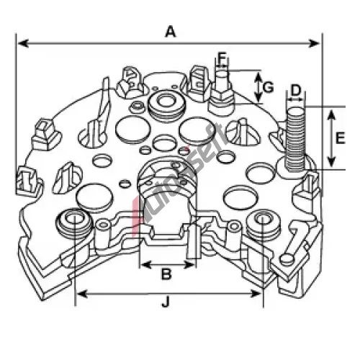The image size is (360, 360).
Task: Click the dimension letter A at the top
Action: (171, 32)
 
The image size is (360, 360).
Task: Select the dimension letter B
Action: (166, 274)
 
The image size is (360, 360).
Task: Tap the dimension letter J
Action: (166, 301)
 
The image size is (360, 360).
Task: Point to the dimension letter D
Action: (296, 90)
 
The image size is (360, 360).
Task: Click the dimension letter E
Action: (340, 138)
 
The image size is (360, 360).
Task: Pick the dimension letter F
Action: (222, 58)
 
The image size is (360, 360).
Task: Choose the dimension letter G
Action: (268, 87)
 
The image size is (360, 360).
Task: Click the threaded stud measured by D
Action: (296, 139)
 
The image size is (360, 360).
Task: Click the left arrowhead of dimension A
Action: (23, 44)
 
